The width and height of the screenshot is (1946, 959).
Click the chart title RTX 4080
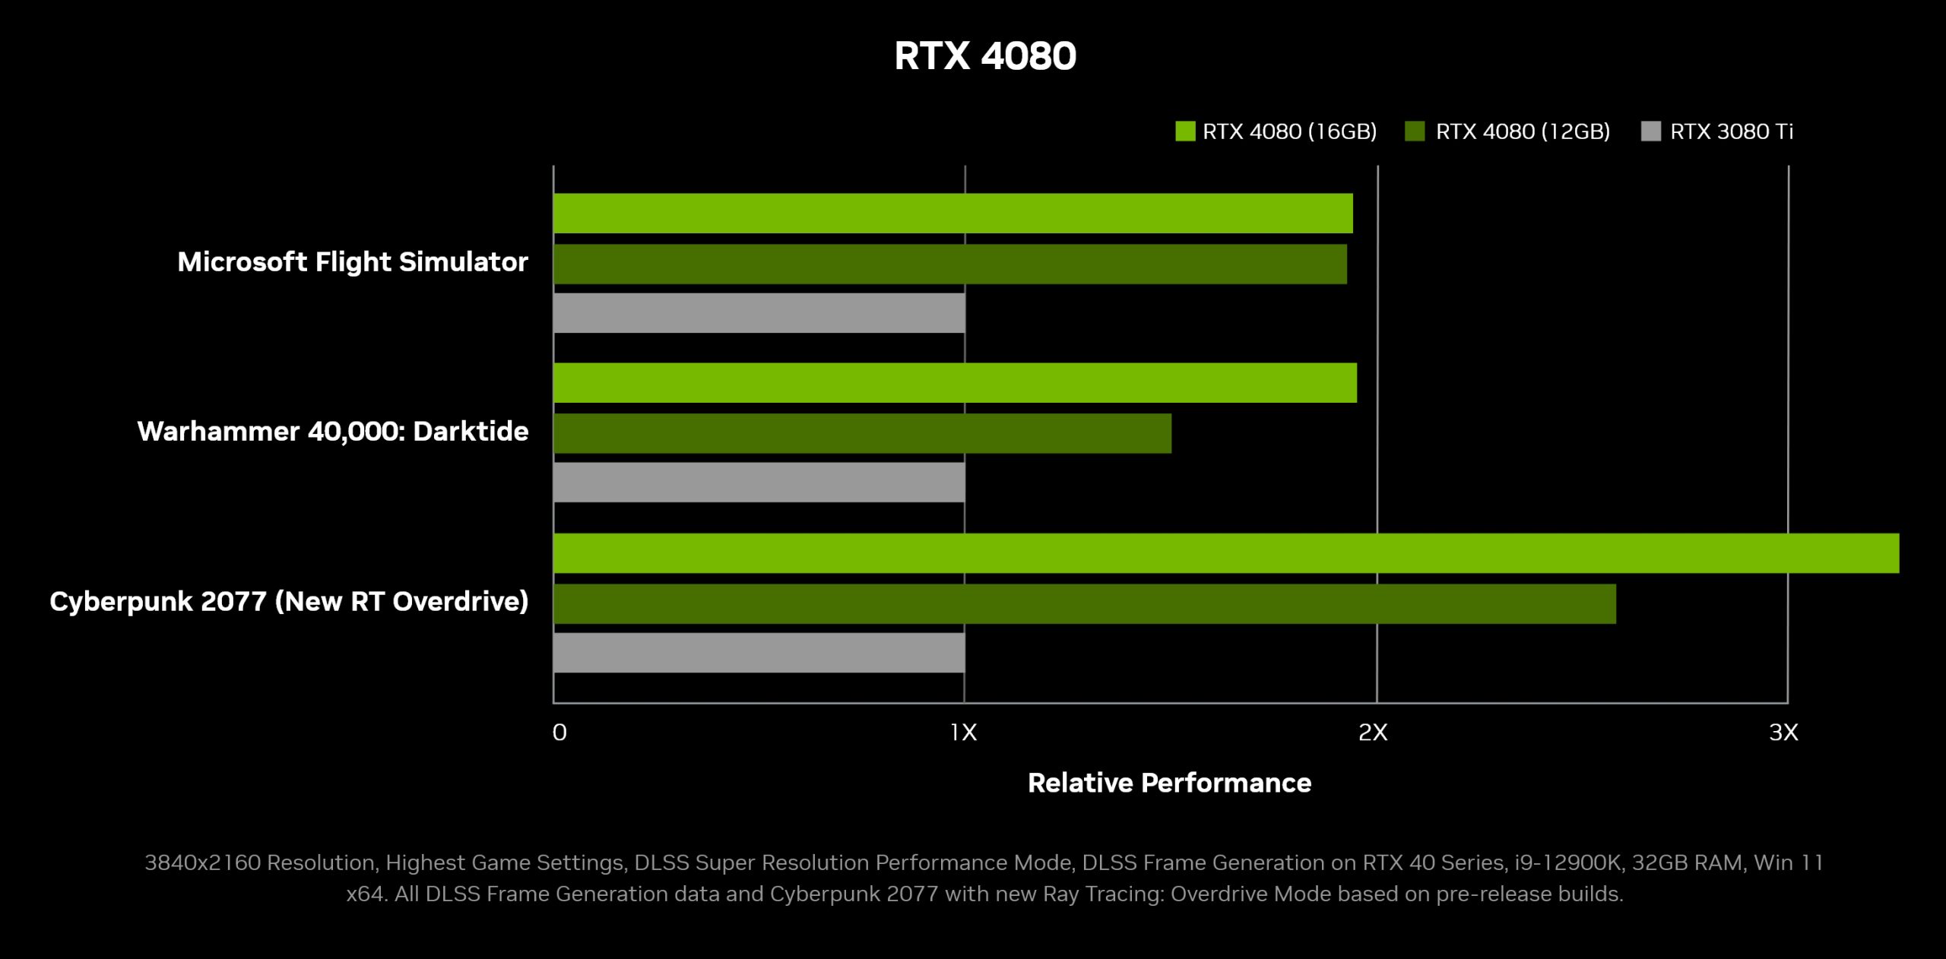click(984, 56)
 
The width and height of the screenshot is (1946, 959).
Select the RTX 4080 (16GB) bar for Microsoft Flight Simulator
click(952, 214)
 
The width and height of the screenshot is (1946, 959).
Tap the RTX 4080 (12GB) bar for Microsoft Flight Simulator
click(949, 264)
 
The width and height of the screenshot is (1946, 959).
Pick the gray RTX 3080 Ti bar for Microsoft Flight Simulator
click(759, 313)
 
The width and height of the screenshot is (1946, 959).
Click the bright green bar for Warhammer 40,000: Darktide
click(955, 383)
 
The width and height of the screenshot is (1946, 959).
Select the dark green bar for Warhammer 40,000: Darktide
click(862, 434)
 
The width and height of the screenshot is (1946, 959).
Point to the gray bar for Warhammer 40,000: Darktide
click(759, 483)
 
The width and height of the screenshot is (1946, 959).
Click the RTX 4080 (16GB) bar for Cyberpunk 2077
click(1225, 553)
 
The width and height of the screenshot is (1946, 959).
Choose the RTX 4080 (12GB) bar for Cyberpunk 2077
click(1084, 604)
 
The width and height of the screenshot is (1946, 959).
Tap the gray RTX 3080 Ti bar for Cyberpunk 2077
click(759, 653)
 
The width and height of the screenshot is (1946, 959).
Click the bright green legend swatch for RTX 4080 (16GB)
click(1184, 131)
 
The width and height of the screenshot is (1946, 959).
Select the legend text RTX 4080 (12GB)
click(1522, 131)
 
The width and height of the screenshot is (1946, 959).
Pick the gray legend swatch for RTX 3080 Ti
click(1650, 131)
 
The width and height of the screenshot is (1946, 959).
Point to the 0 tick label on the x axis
click(559, 733)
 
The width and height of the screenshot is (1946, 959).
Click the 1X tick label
click(963, 733)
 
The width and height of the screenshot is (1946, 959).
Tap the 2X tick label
click(1373, 733)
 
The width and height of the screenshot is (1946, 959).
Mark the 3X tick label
click(1783, 733)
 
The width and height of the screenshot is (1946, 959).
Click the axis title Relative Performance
click(1169, 783)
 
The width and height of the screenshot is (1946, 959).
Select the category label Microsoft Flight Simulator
click(353, 262)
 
